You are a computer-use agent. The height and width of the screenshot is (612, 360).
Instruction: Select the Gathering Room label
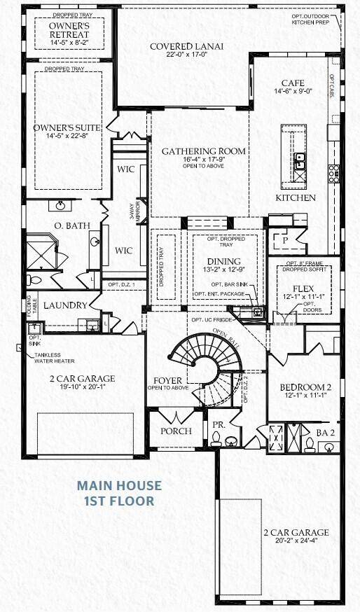pos(204,151)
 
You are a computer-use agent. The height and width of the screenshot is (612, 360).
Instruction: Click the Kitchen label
pos(295,198)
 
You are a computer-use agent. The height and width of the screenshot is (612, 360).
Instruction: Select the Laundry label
pos(65,306)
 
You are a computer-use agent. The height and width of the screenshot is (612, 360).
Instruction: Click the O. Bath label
pos(69,225)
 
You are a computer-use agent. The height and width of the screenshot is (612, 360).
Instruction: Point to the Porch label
pos(176,431)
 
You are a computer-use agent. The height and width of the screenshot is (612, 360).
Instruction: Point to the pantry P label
pos(286,239)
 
